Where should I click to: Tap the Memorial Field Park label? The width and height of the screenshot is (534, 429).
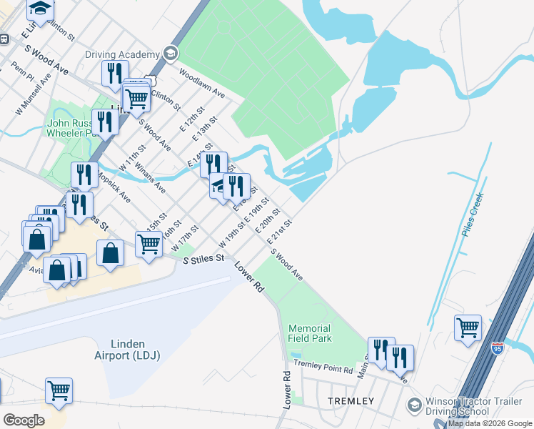pyautogui.click(x=310, y=333)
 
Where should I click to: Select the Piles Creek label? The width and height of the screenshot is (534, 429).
pyautogui.click(x=473, y=214)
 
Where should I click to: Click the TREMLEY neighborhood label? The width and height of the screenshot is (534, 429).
pyautogui.click(x=351, y=401)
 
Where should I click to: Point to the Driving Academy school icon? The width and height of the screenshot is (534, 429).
pyautogui.click(x=170, y=54)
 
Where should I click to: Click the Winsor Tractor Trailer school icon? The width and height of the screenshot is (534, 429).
pyautogui.click(x=414, y=405)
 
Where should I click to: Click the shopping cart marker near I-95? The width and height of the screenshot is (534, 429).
pyautogui.click(x=468, y=329)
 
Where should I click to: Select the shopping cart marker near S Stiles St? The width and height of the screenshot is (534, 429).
pyautogui.click(x=149, y=244)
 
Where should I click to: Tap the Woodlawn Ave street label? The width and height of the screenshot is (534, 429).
pyautogui.click(x=202, y=84)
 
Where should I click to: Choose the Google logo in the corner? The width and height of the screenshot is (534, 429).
pyautogui.click(x=24, y=420)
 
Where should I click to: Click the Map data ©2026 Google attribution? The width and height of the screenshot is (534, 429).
pyautogui.click(x=490, y=423)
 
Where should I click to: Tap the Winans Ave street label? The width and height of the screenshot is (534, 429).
pyautogui.click(x=150, y=178)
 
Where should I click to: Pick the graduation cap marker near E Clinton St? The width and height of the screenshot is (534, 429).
pyautogui.click(x=41, y=9)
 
